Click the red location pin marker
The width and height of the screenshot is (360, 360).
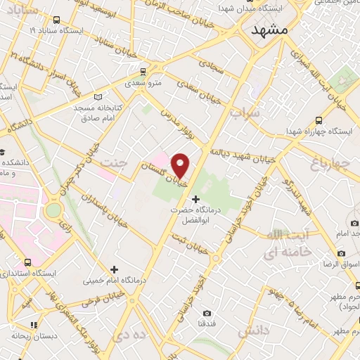point(181,165)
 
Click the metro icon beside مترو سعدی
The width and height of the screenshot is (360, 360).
point(143,72)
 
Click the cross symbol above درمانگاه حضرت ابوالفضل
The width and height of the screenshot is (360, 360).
point(195,200)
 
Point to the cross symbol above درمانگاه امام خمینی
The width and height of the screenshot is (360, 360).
point(114,269)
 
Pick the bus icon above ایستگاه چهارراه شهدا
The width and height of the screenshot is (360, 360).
point(320,120)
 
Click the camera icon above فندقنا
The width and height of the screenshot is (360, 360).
point(206,313)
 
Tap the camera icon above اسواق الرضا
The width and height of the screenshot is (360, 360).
point(341,253)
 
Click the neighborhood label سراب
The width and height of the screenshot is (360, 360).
point(245,112)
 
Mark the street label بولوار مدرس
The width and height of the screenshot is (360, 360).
point(178,126)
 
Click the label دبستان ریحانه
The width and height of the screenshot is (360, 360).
point(34,334)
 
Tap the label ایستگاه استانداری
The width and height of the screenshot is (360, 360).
point(35,273)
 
